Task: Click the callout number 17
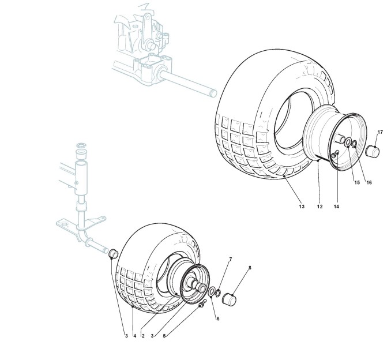pyautogui.click(x=380, y=132)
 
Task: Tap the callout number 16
pyautogui.click(x=369, y=182)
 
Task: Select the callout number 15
pyautogui.click(x=357, y=182)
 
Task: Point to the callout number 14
pyautogui.click(x=337, y=205)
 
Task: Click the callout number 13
pyautogui.click(x=301, y=205)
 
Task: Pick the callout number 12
pyautogui.click(x=319, y=205)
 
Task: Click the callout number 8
pyautogui.click(x=250, y=268)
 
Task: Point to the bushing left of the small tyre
pyautogui.click(x=114, y=252)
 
